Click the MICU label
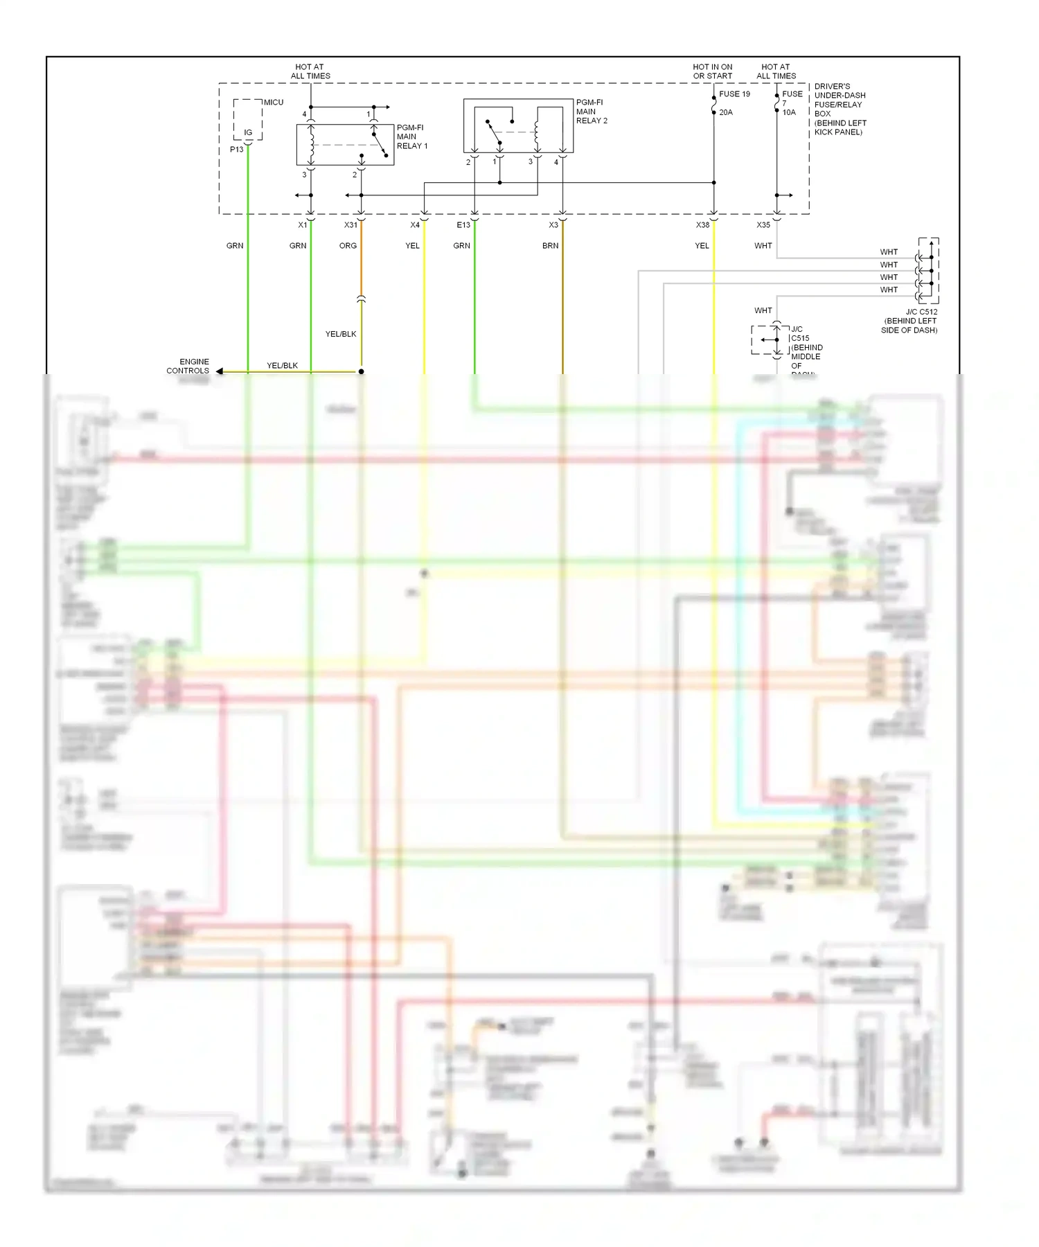tap(273, 103)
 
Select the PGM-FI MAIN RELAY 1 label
tap(411, 136)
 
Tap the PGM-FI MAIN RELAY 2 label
tap(592, 112)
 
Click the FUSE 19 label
tap(734, 94)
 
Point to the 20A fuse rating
tap(725, 112)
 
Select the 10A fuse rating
tap(789, 112)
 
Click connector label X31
tap(350, 225)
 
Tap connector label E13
tap(463, 225)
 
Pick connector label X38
tap(702, 225)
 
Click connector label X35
tap(763, 225)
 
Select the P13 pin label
tap(237, 150)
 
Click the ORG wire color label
tap(348, 246)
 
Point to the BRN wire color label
tap(550, 246)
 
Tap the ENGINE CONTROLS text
tap(188, 366)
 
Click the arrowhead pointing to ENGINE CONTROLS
tap(220, 372)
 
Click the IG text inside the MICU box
tap(248, 132)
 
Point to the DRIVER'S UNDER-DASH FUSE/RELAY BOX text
tap(840, 109)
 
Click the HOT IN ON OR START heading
tap(712, 72)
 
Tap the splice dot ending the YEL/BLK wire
tap(361, 372)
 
